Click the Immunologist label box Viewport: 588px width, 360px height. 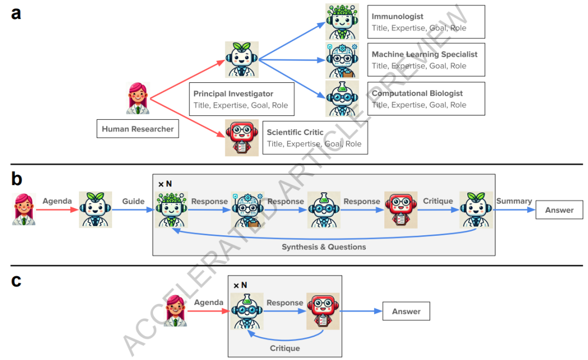426,22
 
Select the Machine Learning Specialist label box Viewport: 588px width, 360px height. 426,59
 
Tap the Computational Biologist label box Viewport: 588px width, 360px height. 426,99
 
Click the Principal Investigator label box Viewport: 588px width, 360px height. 241,99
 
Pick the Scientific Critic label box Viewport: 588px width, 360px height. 314,137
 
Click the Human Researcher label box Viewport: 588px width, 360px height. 137,129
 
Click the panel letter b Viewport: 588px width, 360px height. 16,179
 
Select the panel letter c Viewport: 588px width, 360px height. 16,280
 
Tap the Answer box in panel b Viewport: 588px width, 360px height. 559,210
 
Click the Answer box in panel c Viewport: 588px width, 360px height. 406,312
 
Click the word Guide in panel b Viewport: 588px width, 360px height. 133,202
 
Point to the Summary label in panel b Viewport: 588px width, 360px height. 514,201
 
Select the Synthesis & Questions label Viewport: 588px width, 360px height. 324,247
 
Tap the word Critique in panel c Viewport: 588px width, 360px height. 285,348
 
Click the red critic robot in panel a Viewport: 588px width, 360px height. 242,138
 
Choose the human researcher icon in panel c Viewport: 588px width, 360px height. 175,311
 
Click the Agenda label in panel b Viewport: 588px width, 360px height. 57,201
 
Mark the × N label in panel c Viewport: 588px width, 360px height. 240,285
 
